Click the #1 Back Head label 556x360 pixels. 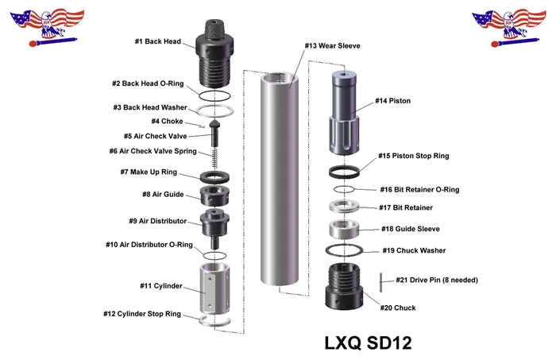(158, 41)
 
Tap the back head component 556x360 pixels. (214, 53)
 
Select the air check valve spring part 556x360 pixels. (214, 158)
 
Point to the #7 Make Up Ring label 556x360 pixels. (149, 172)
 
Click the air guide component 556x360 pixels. (214, 195)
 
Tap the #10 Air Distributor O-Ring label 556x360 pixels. (149, 245)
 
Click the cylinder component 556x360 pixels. (214, 288)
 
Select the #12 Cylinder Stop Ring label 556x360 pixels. (142, 314)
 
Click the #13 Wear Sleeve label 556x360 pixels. (332, 46)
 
